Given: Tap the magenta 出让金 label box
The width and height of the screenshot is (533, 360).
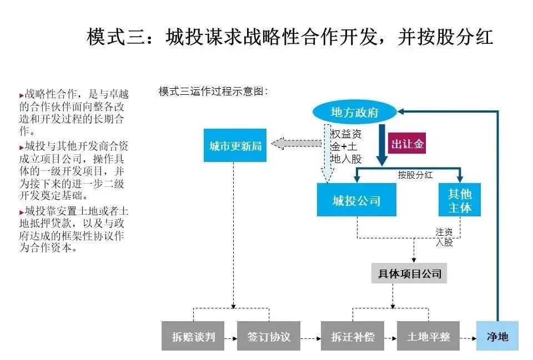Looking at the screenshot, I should pos(408,144).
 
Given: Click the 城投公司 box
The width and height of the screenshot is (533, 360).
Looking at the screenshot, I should pos(356,200).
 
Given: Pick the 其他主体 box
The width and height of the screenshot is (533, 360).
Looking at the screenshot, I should pos(459,200).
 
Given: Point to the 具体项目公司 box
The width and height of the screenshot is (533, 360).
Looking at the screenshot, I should pos(409,273).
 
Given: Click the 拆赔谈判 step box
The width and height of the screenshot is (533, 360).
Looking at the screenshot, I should pos(193,337).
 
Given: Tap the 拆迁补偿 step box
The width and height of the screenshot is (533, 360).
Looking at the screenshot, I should pos(353,337).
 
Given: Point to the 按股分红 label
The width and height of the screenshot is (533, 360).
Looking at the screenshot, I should pos(415,174).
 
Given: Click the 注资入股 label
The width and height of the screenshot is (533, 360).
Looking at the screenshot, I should pos(444,237).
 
